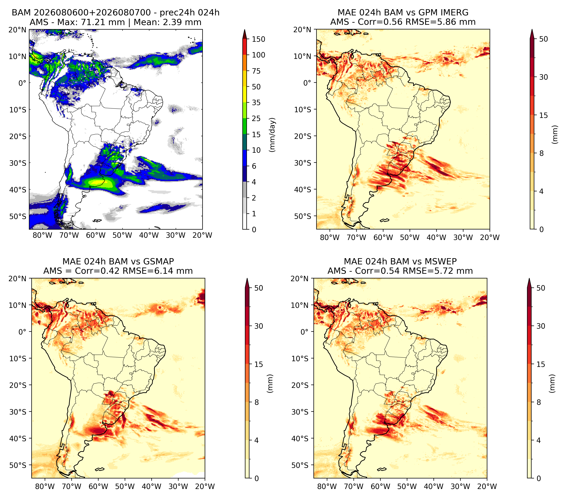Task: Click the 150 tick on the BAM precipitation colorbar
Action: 258,39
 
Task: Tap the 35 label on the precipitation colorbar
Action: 256,103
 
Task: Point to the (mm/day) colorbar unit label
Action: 272,135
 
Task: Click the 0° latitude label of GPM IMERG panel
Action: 307,83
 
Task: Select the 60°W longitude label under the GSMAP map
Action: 98,486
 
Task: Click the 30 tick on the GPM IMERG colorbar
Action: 543,77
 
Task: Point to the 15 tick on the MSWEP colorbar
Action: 541,364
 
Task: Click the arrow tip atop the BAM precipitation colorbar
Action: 244,29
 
